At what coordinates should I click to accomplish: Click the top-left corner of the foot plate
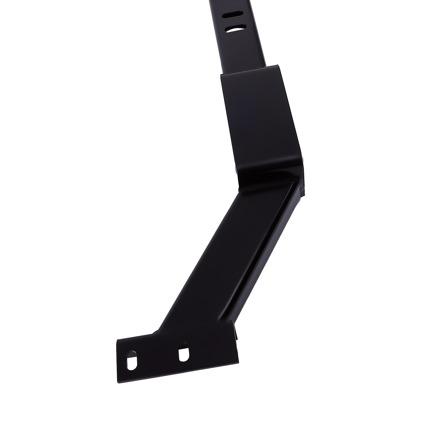pyautogui.click(x=117, y=339)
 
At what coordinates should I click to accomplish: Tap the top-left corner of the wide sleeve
pyautogui.click(x=220, y=74)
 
